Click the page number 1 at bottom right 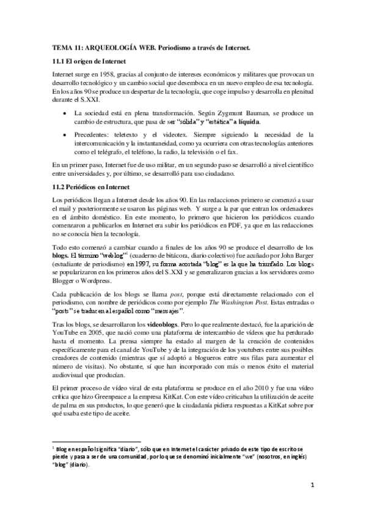tap(312, 487)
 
